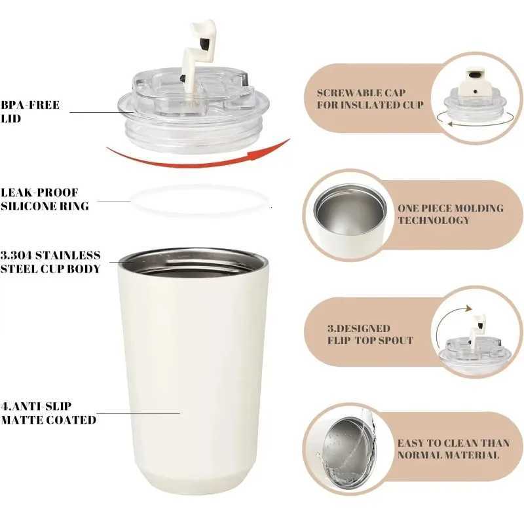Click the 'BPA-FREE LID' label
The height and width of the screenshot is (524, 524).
point(30,112)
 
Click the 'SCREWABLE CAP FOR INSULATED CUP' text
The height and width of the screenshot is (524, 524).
point(371,99)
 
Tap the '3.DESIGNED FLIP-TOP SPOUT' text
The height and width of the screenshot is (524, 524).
point(370,334)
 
